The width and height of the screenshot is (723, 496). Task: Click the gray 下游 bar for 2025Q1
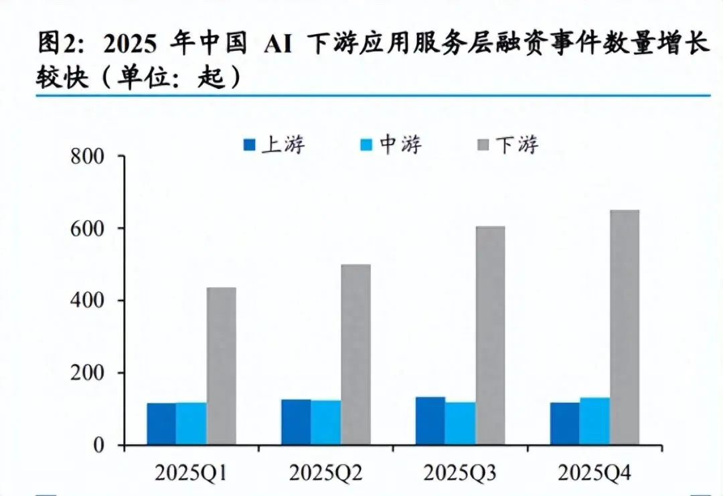coord(222,366)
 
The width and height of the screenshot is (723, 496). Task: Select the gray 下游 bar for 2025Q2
coord(355,355)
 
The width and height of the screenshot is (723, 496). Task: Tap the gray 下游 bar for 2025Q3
coord(490,335)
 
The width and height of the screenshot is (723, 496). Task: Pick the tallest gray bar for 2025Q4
coord(625,327)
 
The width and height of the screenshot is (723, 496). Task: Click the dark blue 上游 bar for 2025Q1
coord(161,424)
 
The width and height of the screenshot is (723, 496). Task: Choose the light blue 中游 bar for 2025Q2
coord(325,422)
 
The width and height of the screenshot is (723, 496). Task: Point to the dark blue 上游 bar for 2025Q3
coord(430,421)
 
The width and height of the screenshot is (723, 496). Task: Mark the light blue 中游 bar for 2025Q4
coord(594,421)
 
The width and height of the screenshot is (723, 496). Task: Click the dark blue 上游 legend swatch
coord(249,145)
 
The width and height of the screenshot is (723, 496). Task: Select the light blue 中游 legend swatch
coord(366,145)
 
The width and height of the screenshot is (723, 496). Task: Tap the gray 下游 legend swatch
coord(483,145)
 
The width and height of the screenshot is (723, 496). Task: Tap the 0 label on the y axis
coord(99,445)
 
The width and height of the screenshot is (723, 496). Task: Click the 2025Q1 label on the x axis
coord(191,473)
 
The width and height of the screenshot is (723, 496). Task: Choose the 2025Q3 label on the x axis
coord(460,473)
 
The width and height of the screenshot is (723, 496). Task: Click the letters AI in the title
coord(278,45)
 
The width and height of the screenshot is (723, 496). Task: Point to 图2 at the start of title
coord(55,44)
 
